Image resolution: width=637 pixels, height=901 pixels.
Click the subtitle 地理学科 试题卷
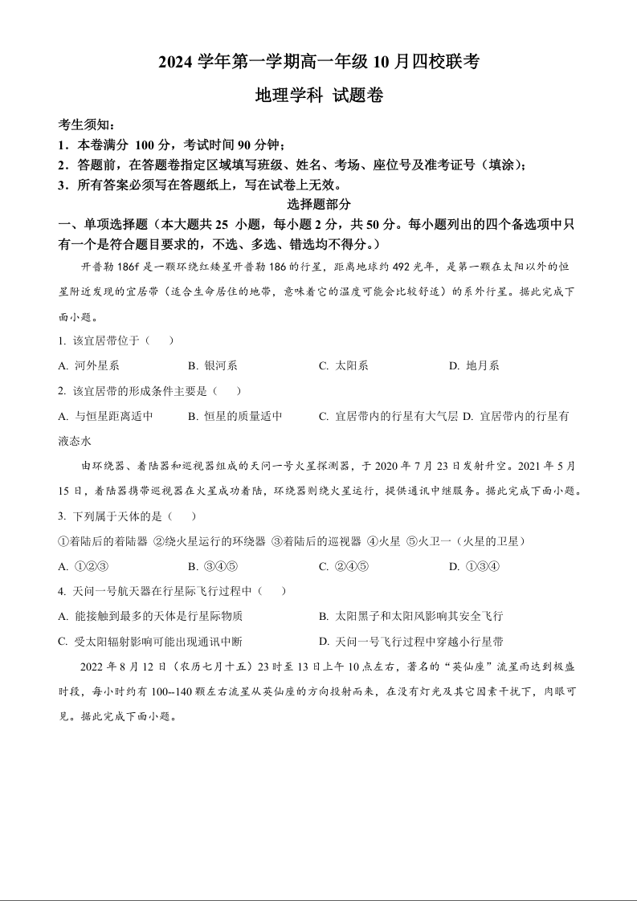point(318,96)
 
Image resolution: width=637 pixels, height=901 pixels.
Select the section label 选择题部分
point(318,205)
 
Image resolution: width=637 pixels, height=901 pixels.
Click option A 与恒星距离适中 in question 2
point(106,416)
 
